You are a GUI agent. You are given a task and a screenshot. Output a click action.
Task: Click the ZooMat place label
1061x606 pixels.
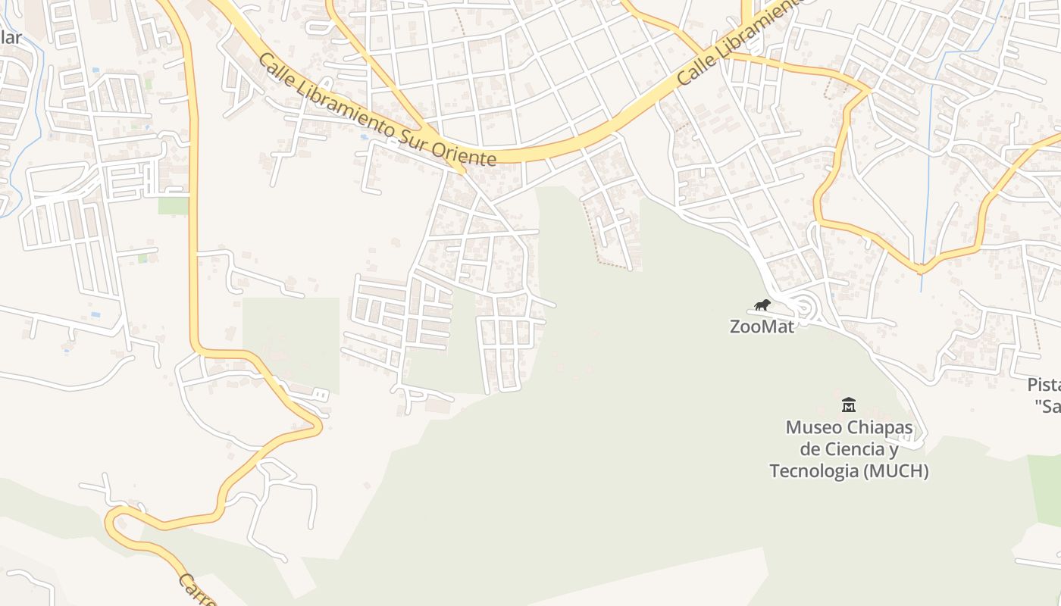762,326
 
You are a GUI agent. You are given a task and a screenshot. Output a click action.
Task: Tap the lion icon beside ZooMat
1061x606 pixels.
762,305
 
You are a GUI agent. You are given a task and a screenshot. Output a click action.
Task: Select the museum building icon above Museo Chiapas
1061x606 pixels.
849,405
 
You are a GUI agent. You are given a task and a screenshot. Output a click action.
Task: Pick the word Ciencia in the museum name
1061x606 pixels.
851,449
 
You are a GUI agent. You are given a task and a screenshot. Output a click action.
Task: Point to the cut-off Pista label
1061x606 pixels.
1044,384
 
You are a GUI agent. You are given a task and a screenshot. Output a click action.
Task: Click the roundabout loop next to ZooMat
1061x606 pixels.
803,308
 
